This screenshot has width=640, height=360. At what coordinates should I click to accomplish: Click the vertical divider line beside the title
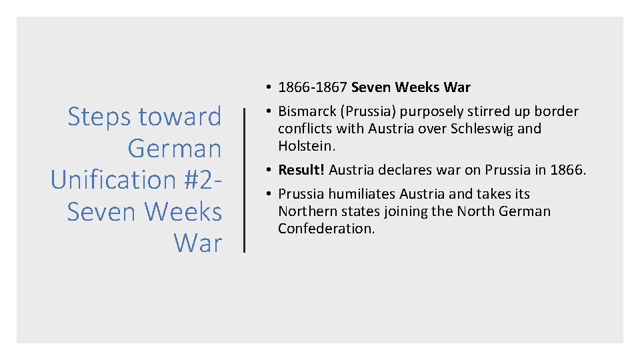click(x=245, y=180)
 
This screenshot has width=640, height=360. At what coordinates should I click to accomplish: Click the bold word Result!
click(x=301, y=170)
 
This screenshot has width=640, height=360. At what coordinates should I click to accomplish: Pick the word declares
click(x=406, y=170)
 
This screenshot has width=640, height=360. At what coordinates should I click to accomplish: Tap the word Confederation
click(x=327, y=229)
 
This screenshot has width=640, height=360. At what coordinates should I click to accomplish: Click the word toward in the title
click(x=181, y=117)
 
